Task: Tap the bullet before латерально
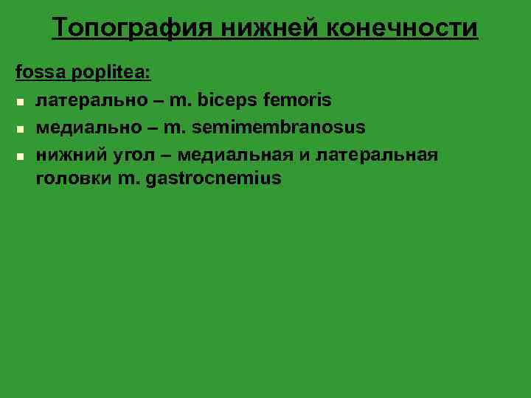click(21, 101)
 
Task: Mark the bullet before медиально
click(21, 128)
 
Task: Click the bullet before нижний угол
click(21, 156)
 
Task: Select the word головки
click(73, 179)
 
